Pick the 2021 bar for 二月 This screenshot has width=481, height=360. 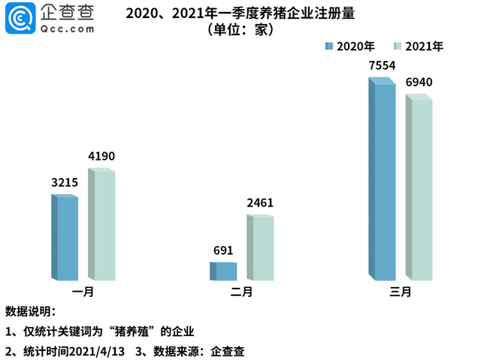coord(260,248)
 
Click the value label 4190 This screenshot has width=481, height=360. coord(101,156)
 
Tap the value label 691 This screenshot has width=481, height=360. coord(223,250)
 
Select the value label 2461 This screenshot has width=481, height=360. coord(260,203)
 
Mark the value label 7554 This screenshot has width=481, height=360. coord(382,65)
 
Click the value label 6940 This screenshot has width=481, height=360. coord(419,82)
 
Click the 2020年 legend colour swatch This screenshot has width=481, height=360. coord(328,47)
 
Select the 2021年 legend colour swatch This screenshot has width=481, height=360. coord(398,47)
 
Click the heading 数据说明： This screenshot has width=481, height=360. coord(31,311)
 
